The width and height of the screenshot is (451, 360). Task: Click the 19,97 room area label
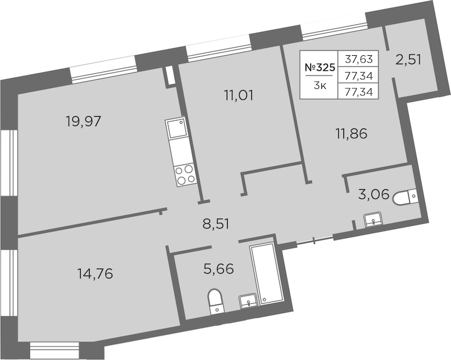[83, 121]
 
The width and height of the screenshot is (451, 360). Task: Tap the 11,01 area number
[238, 95]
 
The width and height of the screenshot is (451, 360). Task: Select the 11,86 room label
[351, 134]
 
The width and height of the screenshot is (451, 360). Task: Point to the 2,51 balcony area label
[408, 60]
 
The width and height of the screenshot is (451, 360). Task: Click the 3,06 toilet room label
[374, 195]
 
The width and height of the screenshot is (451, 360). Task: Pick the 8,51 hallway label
[216, 224]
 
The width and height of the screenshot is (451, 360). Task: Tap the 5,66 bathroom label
[219, 269]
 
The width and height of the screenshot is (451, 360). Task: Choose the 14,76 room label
[95, 273]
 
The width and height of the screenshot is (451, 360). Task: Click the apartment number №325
[320, 68]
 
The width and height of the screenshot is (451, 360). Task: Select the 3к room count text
[320, 86]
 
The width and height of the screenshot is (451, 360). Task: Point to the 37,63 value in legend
[359, 59]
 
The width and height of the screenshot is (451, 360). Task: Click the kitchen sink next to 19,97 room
[175, 128]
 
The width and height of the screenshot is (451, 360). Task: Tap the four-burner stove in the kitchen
[185, 175]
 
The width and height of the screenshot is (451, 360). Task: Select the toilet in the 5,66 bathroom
[215, 301]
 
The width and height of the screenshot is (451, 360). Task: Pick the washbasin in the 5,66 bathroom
[248, 301]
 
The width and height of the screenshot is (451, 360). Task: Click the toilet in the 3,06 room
[405, 197]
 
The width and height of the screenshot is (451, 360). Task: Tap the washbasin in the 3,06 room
[373, 220]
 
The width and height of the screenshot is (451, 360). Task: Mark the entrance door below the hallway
[315, 241]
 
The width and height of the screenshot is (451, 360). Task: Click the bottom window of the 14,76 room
[54, 350]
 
